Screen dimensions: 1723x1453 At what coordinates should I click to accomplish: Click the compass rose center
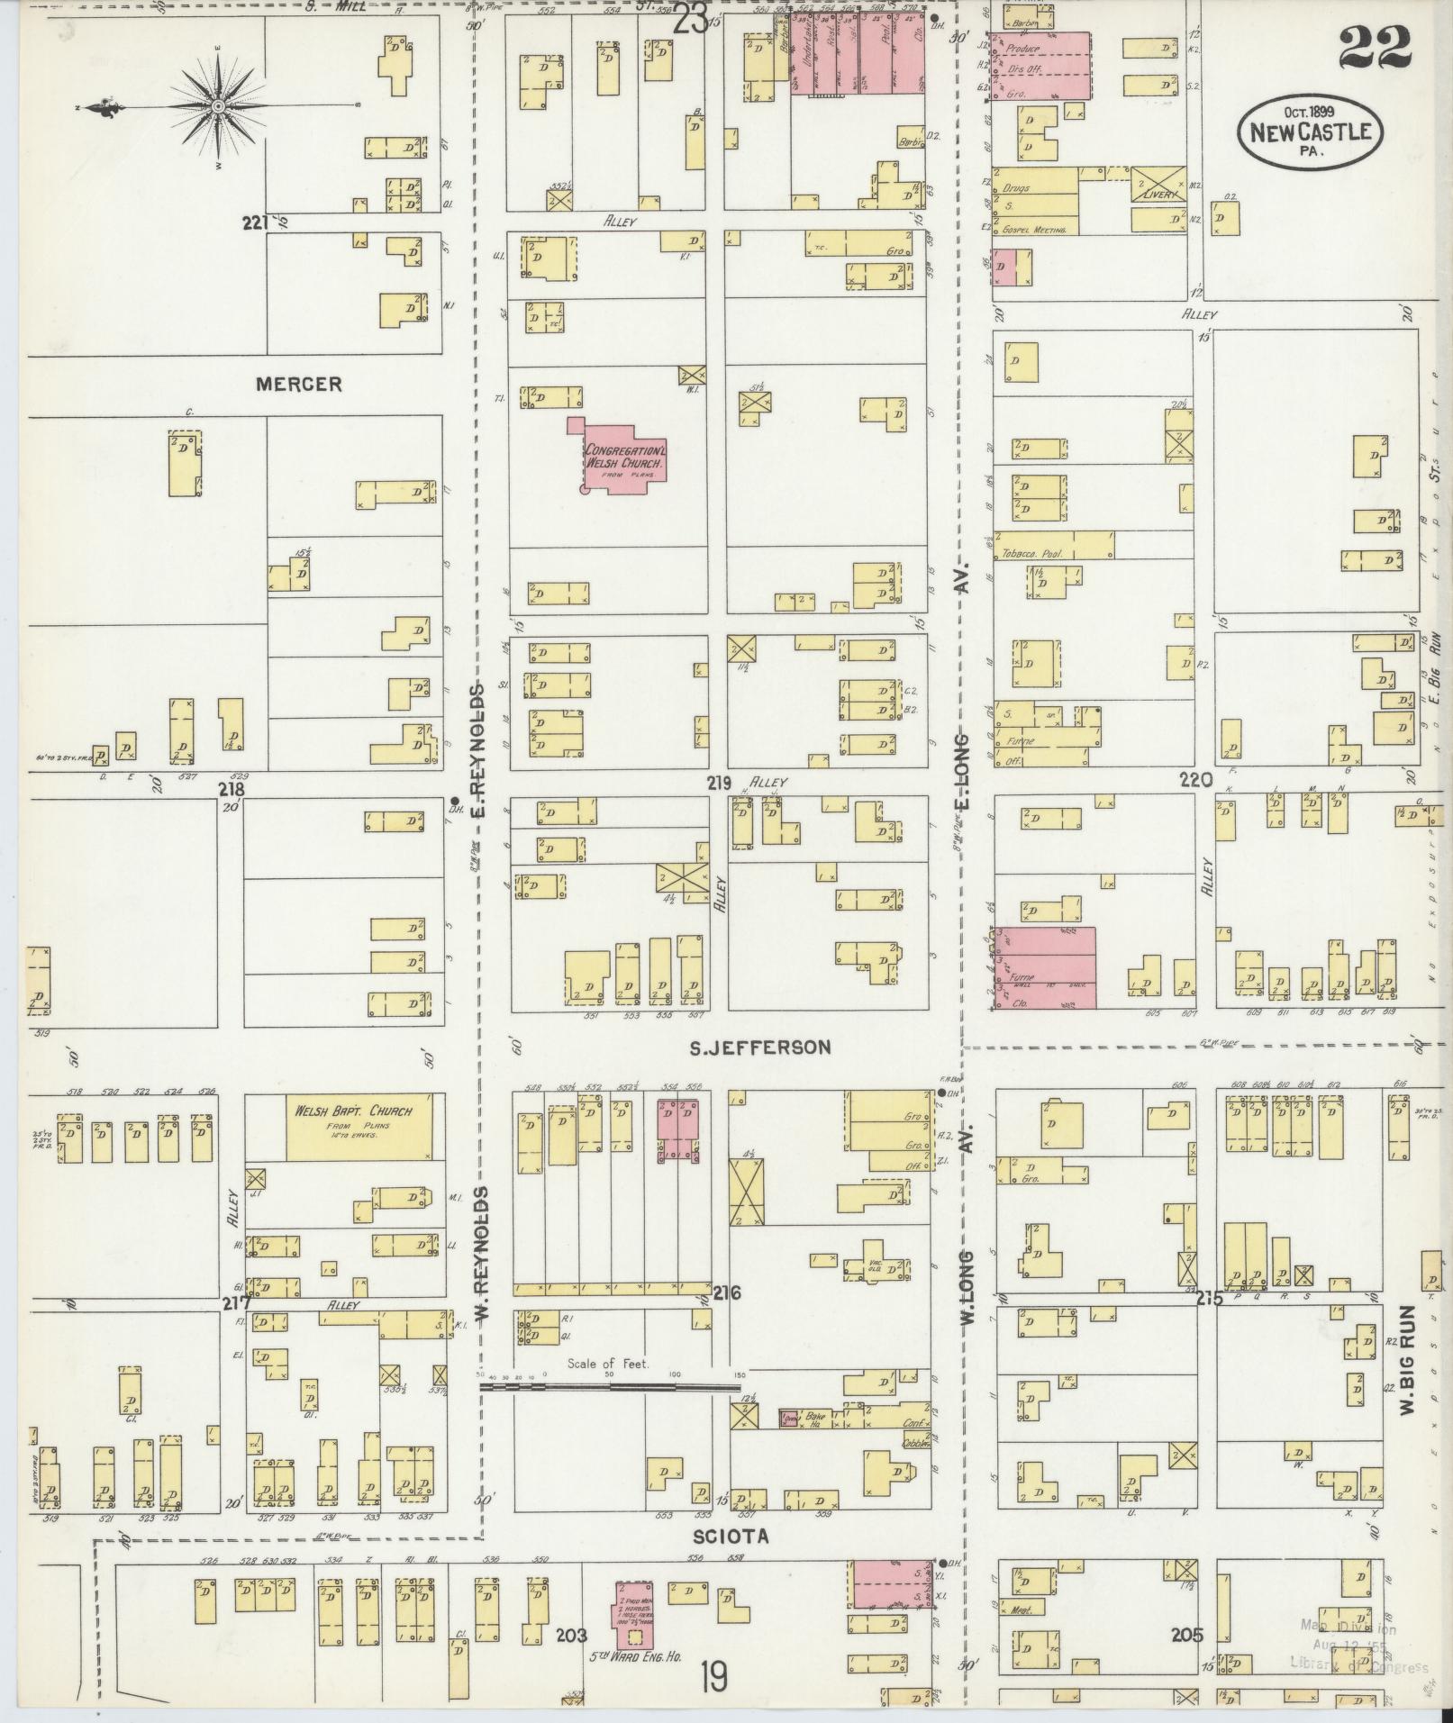(218, 107)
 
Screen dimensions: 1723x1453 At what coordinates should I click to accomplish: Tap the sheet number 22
(1374, 47)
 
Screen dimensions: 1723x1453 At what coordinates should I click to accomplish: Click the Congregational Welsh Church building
(624, 456)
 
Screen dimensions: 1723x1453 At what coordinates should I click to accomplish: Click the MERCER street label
(299, 385)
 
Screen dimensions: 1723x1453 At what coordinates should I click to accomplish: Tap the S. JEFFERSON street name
(759, 1047)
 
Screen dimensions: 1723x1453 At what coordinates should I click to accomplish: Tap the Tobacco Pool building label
(1032, 554)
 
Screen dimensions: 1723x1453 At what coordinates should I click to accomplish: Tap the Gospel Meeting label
(1034, 231)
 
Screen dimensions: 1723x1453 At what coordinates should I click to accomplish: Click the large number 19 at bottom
(713, 1677)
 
